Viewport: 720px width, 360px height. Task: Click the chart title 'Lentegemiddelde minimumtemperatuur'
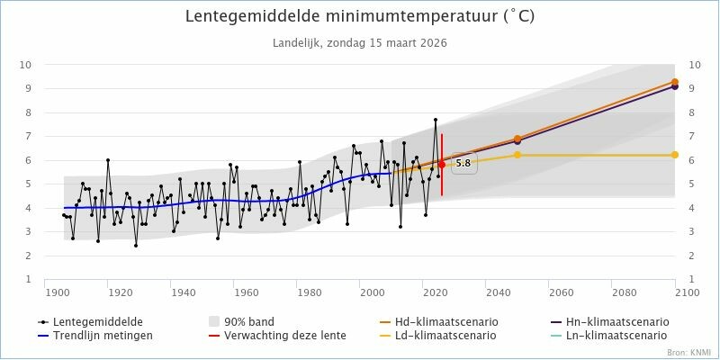(359, 17)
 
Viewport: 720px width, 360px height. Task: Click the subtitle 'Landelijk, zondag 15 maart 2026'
(359, 42)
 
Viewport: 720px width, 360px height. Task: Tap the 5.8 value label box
(463, 164)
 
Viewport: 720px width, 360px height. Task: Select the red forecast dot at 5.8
(442, 164)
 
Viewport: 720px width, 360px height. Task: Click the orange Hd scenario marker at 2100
(675, 82)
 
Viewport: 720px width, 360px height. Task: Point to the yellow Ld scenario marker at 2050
(517, 155)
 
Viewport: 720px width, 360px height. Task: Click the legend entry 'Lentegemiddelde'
(90, 321)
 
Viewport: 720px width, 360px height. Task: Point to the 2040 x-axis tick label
(498, 292)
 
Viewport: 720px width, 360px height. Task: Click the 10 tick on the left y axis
(26, 65)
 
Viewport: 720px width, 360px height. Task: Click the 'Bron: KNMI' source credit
(688, 352)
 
